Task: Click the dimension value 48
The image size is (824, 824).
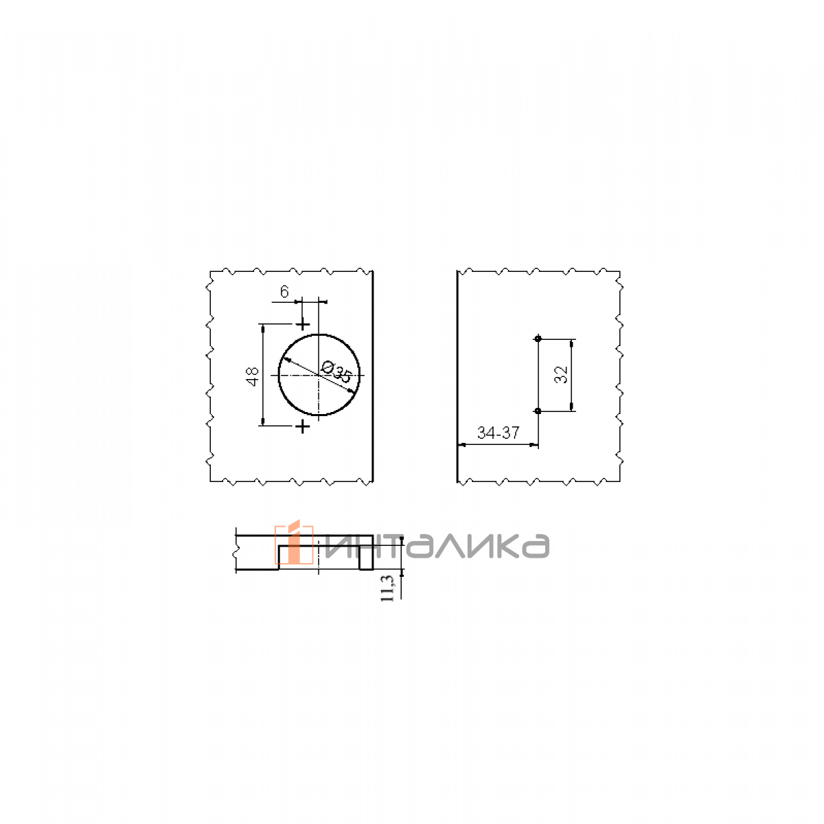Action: click(x=253, y=376)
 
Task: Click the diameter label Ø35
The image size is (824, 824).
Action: click(x=336, y=371)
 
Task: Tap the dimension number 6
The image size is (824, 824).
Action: click(x=284, y=292)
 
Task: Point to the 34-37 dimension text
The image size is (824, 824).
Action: click(x=498, y=433)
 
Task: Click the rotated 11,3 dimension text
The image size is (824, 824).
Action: click(x=387, y=588)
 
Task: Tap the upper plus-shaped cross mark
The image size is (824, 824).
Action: click(x=303, y=325)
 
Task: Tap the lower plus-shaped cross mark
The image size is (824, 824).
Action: click(x=303, y=426)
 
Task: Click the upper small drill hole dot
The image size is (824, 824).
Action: click(x=538, y=339)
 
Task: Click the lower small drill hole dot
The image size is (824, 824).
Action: click(x=538, y=411)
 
